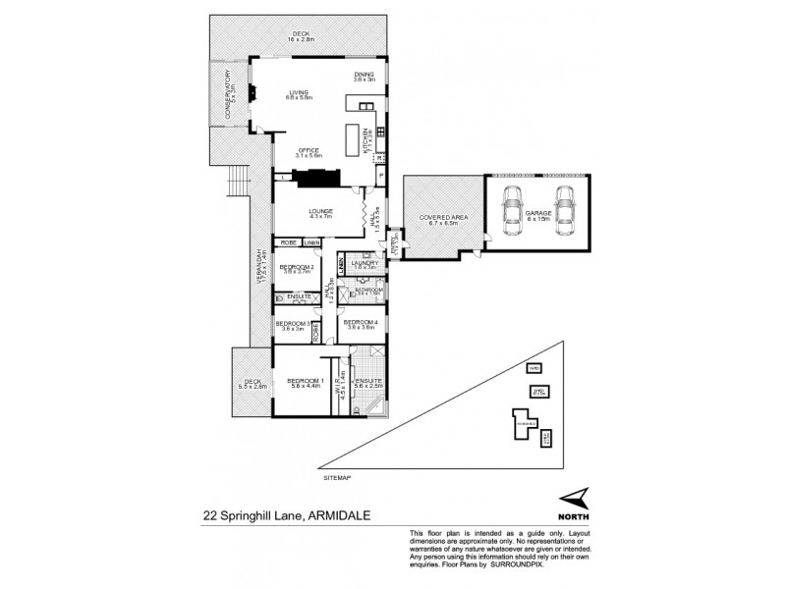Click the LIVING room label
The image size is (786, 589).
299,94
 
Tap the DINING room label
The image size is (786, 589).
365,75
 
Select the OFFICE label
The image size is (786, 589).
309,151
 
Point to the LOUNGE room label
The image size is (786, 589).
321,211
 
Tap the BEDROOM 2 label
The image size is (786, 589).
296,266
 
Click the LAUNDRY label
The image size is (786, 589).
366,262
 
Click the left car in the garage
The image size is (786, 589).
512,210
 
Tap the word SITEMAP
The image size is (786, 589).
336,477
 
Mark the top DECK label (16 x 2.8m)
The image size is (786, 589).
301,35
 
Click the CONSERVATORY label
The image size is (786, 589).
227,93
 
